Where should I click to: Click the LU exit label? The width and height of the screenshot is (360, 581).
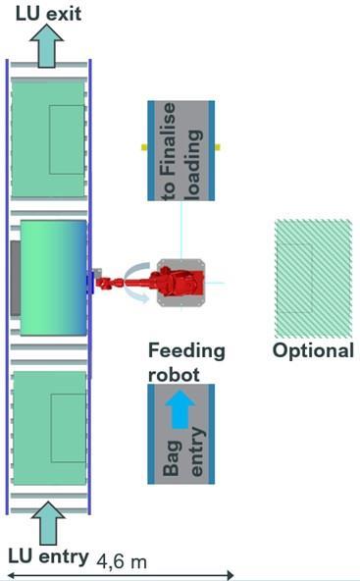(48, 14)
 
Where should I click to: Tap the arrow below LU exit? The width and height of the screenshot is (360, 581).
(47, 45)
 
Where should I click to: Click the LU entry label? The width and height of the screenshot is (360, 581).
(48, 556)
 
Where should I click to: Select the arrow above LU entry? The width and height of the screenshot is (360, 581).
(48, 523)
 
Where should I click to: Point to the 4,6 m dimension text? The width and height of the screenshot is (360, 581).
(122, 561)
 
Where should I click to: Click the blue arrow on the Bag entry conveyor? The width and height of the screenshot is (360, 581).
(180, 408)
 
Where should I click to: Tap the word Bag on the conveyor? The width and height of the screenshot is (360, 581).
(173, 458)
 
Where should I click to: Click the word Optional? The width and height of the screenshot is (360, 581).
(313, 350)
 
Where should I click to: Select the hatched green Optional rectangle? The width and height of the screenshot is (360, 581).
(313, 279)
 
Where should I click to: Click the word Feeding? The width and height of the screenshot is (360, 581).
(186, 351)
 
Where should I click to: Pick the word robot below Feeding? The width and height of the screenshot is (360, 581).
(174, 375)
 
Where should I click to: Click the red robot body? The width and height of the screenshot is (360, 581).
(177, 283)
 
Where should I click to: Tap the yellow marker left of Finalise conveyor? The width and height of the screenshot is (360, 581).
(144, 147)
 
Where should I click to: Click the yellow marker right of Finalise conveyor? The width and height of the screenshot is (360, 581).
(218, 147)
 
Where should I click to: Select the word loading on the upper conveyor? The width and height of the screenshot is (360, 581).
(194, 164)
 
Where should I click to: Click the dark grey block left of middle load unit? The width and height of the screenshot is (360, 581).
(15, 279)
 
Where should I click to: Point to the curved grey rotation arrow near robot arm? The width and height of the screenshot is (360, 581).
(137, 283)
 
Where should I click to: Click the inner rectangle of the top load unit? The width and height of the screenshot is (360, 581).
(67, 139)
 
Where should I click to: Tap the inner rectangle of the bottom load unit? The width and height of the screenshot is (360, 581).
(69, 428)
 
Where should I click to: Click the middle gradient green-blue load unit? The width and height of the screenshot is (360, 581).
(54, 278)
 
